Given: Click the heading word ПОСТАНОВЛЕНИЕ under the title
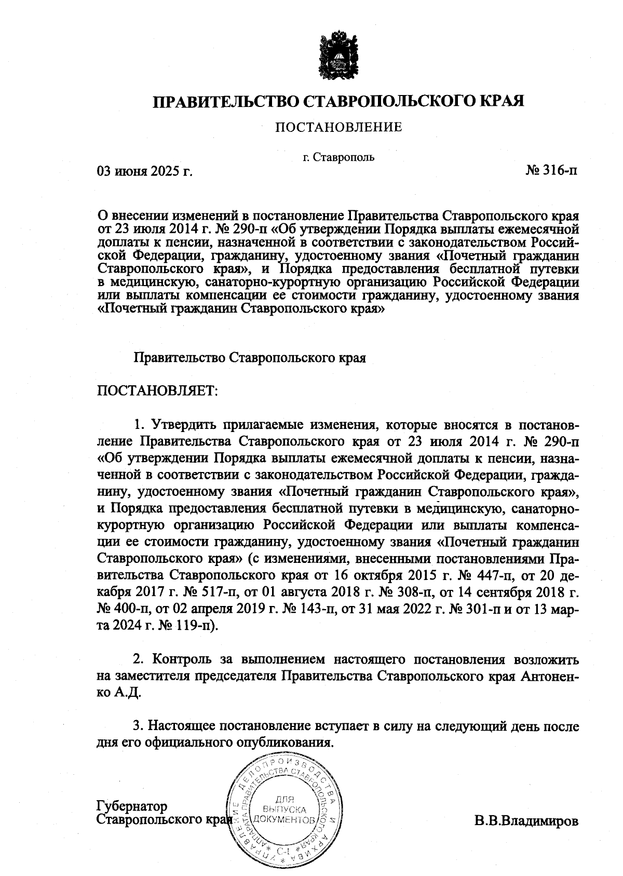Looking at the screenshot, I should pos(338,127).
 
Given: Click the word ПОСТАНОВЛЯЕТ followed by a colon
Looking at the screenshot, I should pos(156,390).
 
